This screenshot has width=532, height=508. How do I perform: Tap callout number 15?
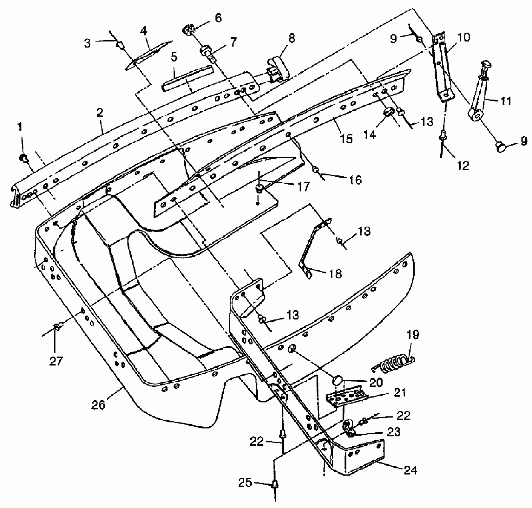point(346,139)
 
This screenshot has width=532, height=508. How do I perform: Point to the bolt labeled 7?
point(209,53)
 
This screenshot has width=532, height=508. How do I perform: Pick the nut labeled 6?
point(188,30)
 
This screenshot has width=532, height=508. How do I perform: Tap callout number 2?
point(100,113)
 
